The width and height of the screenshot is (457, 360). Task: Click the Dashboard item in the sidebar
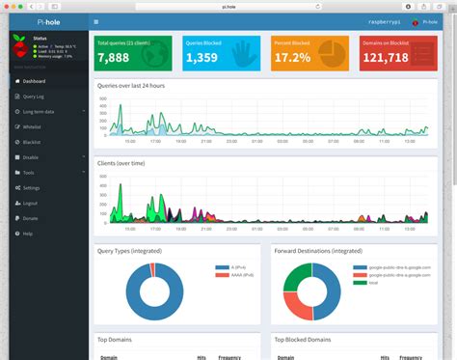(34, 81)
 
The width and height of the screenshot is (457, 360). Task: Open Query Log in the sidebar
(34, 97)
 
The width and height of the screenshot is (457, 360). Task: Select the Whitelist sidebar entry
(32, 126)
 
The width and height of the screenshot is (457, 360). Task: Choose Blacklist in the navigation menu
(32, 142)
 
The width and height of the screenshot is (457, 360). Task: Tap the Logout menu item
(30, 203)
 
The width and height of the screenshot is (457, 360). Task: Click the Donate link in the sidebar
(30, 218)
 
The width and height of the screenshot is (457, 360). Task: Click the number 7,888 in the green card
(113, 58)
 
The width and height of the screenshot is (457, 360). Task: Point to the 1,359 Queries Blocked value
(200, 58)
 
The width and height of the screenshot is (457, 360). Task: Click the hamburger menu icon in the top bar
(97, 21)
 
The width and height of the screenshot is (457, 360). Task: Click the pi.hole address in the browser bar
(228, 5)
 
